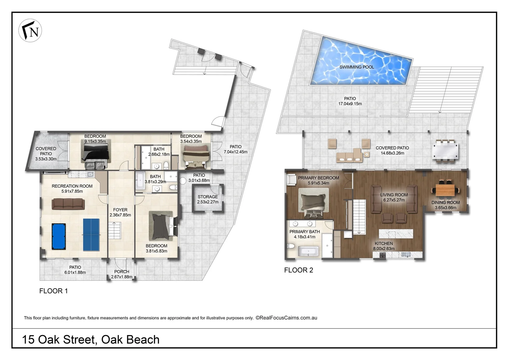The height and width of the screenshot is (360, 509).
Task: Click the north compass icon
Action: click(30, 30)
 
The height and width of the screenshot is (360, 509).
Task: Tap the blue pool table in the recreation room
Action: click(59, 236)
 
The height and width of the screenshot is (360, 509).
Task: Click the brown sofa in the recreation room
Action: click(68, 203)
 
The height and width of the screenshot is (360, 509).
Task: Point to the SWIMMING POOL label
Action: click(356, 67)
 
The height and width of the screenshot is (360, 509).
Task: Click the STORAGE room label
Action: click(208, 197)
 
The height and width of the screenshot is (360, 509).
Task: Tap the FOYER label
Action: click(120, 210)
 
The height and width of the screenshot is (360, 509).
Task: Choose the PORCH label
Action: click(122, 272)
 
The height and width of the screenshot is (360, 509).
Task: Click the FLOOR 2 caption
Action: click(298, 270)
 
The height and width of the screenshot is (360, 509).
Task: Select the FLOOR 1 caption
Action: click(54, 291)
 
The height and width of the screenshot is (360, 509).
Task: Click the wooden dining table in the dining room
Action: click(446, 190)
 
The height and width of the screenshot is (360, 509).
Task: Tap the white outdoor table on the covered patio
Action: click(445, 151)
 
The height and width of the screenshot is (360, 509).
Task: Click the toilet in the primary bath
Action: click(291, 247)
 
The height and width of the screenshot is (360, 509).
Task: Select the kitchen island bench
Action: click(396, 233)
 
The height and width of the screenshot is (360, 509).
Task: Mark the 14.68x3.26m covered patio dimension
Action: click(392, 153)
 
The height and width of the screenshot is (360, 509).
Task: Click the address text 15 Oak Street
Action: click(91, 339)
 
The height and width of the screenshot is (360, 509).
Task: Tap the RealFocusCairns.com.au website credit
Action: click(286, 318)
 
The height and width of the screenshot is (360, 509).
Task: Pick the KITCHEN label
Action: click(384, 244)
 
